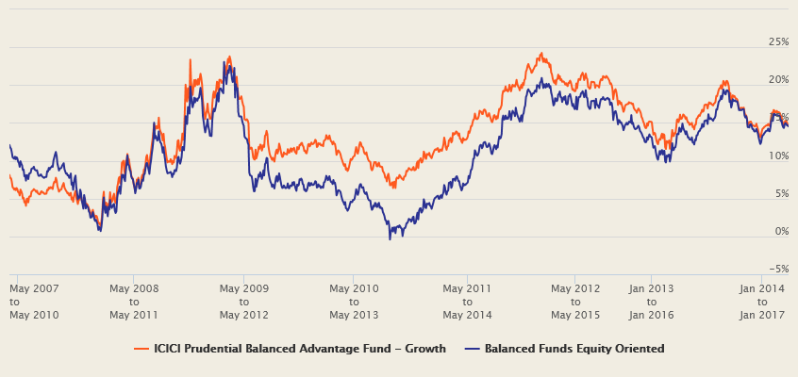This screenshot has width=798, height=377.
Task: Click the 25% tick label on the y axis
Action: (778, 42)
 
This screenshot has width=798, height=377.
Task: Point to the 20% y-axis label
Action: (778, 80)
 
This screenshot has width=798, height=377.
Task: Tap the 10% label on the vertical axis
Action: (778, 156)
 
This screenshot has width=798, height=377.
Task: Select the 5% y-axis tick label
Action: (781, 193)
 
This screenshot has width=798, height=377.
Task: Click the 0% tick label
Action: (781, 231)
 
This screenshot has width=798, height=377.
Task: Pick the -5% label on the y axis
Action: (778, 269)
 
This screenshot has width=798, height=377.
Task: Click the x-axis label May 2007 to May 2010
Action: (34, 302)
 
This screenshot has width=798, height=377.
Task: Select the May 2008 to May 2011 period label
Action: (134, 302)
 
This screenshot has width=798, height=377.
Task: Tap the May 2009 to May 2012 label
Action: (243, 302)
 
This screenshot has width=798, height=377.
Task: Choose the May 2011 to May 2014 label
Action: (467, 302)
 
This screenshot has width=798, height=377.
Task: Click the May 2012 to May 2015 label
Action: (575, 302)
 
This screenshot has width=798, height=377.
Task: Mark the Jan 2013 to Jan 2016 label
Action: (651, 302)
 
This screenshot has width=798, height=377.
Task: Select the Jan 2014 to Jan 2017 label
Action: (761, 302)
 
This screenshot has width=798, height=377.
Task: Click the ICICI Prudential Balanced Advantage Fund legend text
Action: (299, 349)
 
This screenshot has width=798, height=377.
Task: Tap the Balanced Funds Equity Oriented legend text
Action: (574, 349)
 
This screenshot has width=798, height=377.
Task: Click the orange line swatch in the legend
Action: (141, 349)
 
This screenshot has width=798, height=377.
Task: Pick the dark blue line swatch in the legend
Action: (473, 349)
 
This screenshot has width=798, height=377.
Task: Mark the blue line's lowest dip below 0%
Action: (390, 238)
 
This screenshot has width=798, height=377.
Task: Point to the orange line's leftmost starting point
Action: (9, 175)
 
